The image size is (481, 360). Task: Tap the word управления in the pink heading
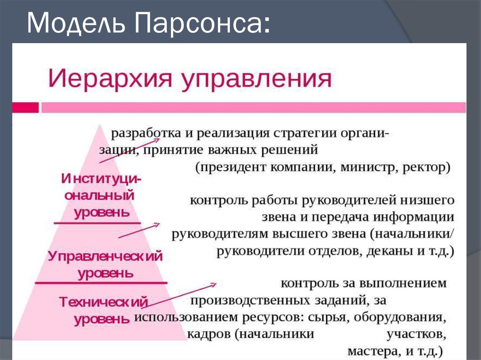click(x=256, y=79)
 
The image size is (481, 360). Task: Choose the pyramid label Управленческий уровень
click(x=106, y=264)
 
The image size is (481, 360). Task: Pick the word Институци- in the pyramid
click(x=101, y=179)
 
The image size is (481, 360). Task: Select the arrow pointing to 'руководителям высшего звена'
click(x=139, y=230)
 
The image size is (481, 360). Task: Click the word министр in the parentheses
click(x=365, y=167)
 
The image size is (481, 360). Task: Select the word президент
click(x=233, y=167)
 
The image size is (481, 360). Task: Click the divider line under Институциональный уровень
click(x=97, y=222)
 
